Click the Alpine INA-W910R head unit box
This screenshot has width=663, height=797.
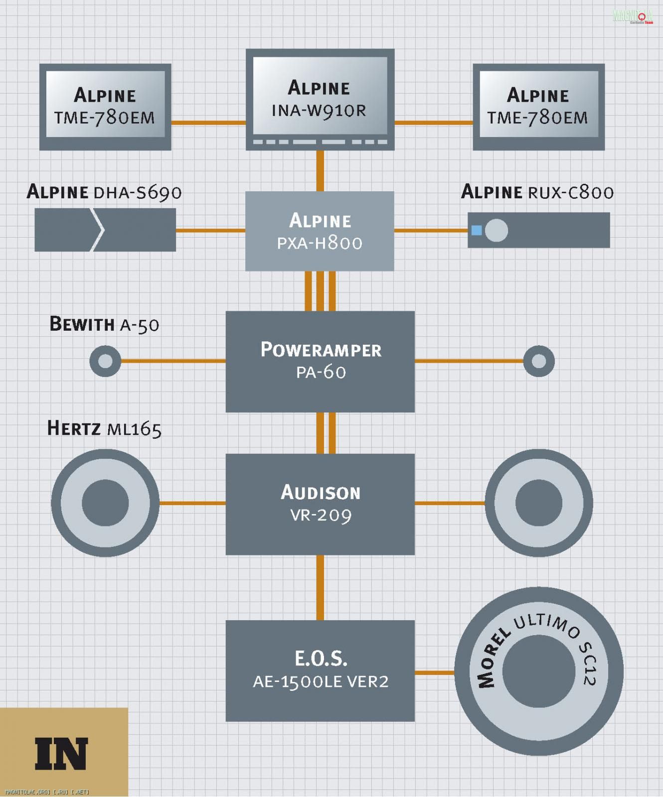point(320,99)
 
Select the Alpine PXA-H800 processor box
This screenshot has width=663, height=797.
point(320,231)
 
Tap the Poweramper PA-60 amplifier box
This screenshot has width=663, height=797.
point(320,361)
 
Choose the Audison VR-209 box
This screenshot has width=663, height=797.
point(320,504)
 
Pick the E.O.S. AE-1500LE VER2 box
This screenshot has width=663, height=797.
point(320,670)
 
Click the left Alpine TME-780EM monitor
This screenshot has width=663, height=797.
point(105,106)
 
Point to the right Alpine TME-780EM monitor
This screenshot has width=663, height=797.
point(538,106)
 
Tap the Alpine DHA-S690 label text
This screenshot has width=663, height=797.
point(104,192)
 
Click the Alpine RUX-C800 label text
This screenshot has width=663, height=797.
point(537,192)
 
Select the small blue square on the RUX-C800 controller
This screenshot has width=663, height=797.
point(477,230)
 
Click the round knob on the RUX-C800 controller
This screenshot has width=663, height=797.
point(496,231)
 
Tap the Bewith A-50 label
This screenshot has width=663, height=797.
point(104,324)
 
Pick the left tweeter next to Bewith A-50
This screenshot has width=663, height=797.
point(105,361)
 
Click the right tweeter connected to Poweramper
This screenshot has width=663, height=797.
point(539,361)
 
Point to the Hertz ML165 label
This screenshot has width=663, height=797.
point(104,428)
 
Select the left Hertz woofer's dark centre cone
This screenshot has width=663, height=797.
point(105,503)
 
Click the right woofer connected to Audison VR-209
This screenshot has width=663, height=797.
point(539,503)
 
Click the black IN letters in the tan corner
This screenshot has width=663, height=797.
point(61,753)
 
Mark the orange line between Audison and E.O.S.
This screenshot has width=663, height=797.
point(320,587)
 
